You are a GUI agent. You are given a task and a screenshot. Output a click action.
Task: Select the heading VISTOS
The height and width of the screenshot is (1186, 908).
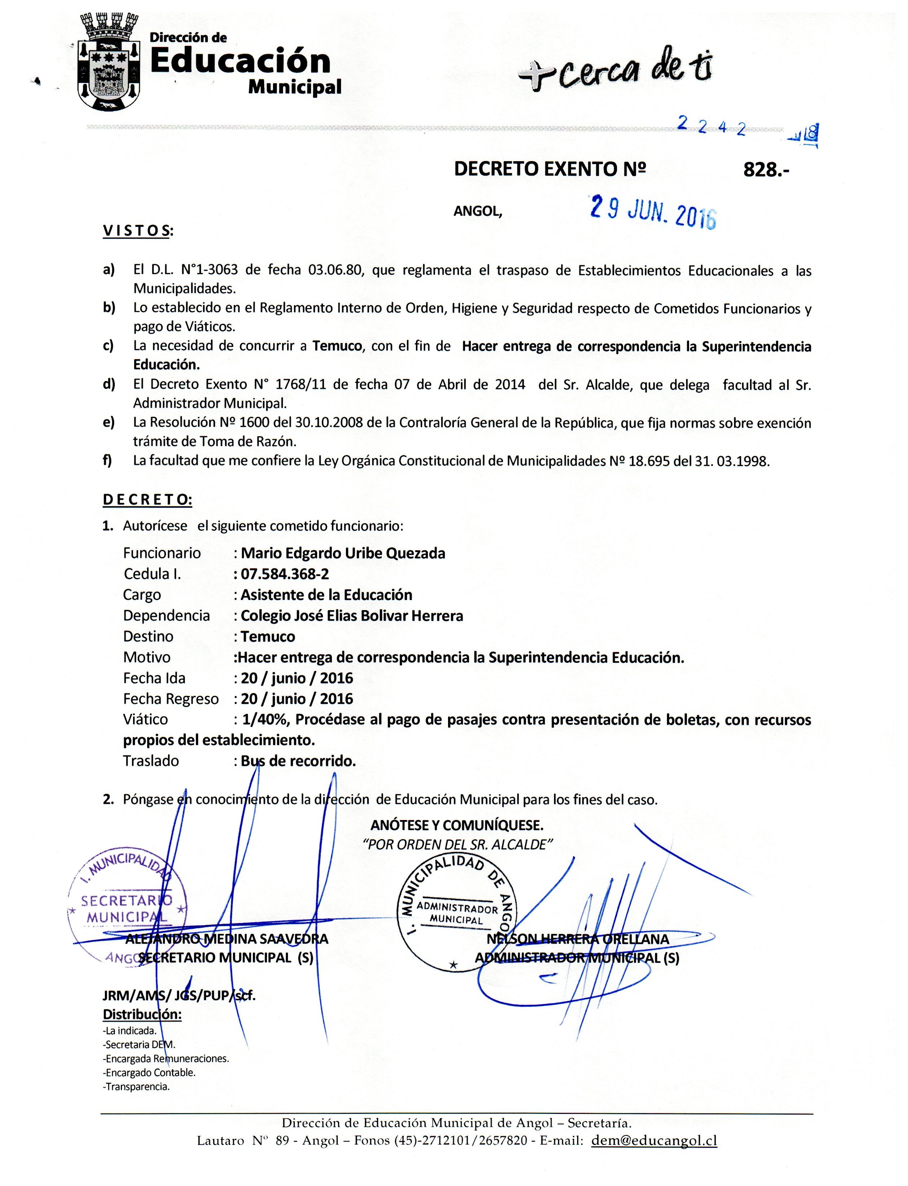[x=138, y=231]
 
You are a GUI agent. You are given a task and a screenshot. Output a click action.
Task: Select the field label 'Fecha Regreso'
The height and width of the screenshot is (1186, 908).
[x=171, y=699]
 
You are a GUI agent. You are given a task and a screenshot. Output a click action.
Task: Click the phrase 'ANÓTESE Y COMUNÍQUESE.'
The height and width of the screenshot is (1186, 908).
[x=457, y=825]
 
